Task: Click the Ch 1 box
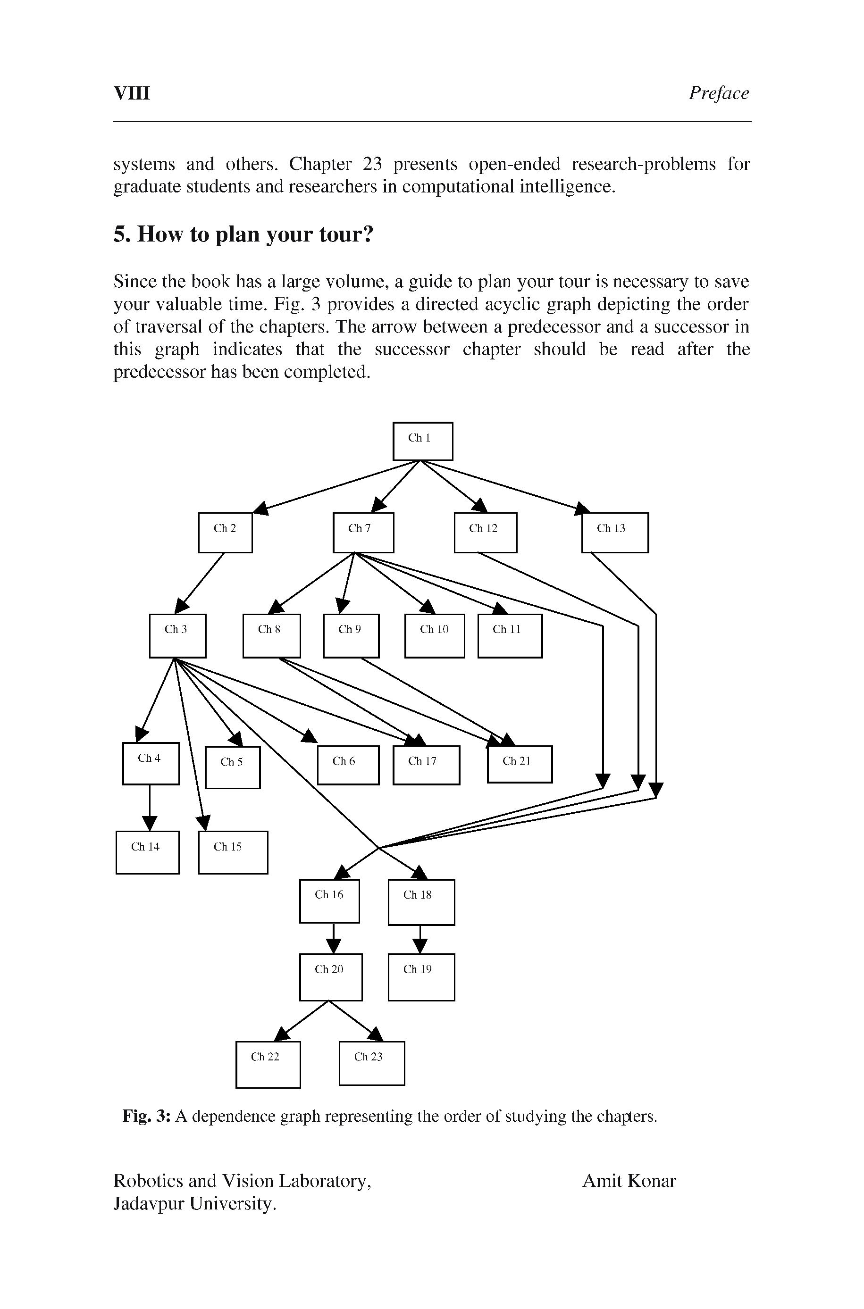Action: [423, 441]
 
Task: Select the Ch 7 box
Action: [363, 532]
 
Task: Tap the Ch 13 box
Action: [615, 532]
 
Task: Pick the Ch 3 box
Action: [177, 635]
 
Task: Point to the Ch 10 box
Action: [434, 635]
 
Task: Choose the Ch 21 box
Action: [519, 764]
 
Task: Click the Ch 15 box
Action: [233, 852]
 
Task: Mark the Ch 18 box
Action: [421, 902]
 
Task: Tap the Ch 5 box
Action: [233, 767]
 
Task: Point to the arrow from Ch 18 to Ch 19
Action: [420, 939]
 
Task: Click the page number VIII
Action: [132, 93]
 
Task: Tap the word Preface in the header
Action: [719, 93]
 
